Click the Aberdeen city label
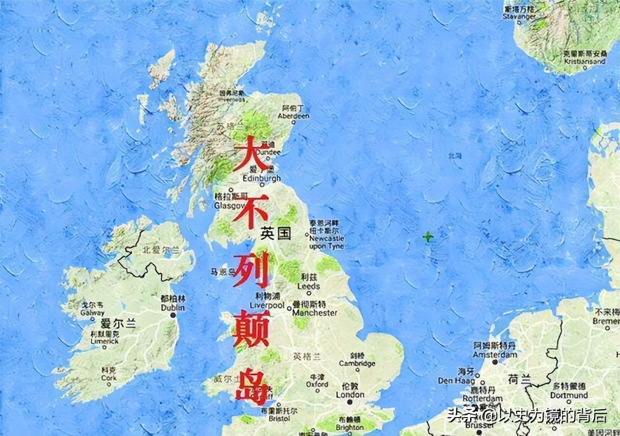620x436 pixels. point(294,116)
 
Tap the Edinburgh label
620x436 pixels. point(262,178)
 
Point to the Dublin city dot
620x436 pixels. point(173,315)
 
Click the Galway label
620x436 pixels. point(92,313)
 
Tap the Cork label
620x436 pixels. point(109,378)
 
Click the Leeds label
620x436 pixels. point(309,286)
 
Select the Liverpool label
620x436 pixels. point(267,305)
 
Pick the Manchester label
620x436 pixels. point(315,313)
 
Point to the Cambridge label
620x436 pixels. point(357,363)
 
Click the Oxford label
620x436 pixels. point(317,384)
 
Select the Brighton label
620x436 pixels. point(349,428)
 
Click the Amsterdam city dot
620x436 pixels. point(495,361)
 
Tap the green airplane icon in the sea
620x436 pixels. point(428,237)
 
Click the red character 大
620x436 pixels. point(251,153)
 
